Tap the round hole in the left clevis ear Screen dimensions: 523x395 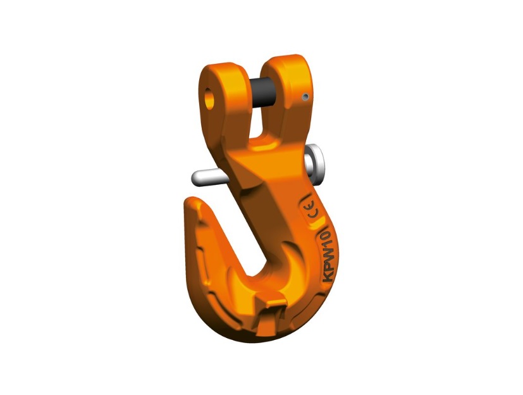tap(210, 99)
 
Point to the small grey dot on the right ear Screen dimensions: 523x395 tap(305, 97)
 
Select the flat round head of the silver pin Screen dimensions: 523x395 tap(315, 162)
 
